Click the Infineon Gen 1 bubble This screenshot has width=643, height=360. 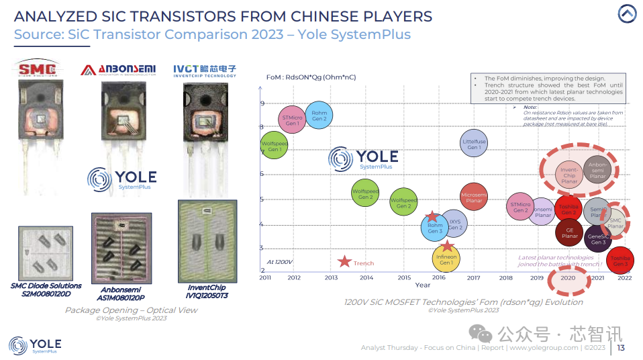tap(446, 259)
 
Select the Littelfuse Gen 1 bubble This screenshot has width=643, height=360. tap(474, 143)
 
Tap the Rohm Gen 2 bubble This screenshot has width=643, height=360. tap(319, 116)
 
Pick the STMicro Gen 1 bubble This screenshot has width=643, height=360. tap(293, 120)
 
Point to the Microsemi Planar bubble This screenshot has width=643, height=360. tap(474, 197)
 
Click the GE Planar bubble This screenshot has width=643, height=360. tap(569, 232)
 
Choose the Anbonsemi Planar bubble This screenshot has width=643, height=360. tap(596, 170)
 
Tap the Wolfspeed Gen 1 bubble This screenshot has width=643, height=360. tap(275, 146)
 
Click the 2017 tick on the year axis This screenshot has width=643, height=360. tap(474, 277)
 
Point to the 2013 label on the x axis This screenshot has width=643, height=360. tap(331, 277)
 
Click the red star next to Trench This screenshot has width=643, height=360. tap(345, 262)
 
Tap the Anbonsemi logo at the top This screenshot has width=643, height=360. tap(118, 70)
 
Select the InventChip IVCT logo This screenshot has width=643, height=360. tap(205, 70)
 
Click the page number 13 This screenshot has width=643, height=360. tap(621, 347)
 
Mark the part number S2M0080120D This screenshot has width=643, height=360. tap(46, 294)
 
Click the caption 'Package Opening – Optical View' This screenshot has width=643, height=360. tap(132, 310)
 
